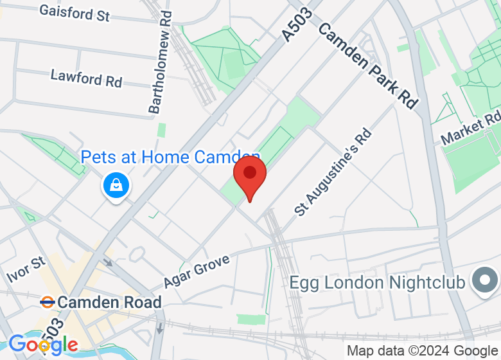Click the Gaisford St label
point(75,13)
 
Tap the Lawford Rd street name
point(86,78)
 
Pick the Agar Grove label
point(196,270)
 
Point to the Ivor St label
point(26,271)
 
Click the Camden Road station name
point(109,301)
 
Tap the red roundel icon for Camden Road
point(46,301)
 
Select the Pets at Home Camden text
point(170,157)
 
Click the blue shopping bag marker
point(116,186)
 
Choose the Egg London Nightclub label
point(378,282)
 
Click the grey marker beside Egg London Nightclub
point(485,280)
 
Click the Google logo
point(43,345)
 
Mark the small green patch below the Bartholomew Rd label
point(161,129)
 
